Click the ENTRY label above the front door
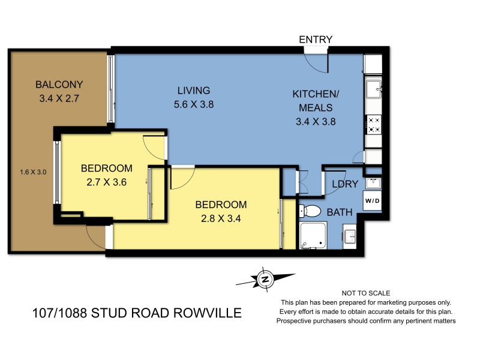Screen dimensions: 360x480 (x=316, y=40)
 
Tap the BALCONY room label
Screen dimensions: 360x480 (x=58, y=85)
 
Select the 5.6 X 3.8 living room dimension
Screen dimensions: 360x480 (x=193, y=104)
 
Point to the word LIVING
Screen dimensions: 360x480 (x=193, y=91)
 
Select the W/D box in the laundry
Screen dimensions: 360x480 (x=372, y=200)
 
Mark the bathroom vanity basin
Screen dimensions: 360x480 (x=350, y=235)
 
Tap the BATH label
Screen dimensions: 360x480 (x=339, y=211)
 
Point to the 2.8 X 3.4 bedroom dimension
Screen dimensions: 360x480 (x=221, y=218)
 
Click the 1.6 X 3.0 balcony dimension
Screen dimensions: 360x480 (x=33, y=172)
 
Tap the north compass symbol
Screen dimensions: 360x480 (x=264, y=279)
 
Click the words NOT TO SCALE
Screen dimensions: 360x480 (x=366, y=293)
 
